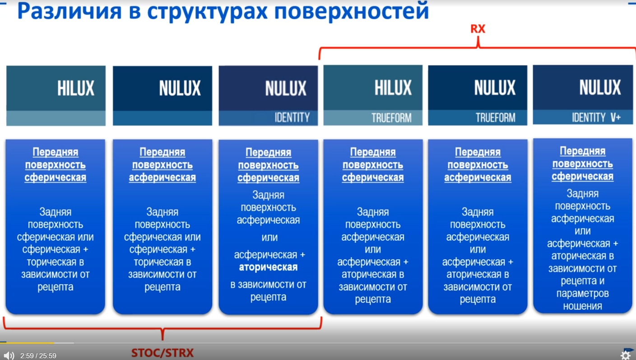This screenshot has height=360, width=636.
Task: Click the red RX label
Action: (478, 29)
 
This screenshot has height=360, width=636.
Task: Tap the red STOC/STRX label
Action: (162, 353)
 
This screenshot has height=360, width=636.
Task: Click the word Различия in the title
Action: (70, 11)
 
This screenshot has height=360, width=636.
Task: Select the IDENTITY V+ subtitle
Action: (596, 117)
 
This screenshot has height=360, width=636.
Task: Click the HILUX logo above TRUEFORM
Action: (393, 88)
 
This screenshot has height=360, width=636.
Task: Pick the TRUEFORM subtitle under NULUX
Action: (496, 117)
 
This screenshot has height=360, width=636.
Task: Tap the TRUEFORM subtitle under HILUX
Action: (391, 117)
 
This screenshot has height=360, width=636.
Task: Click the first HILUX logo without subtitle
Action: (76, 88)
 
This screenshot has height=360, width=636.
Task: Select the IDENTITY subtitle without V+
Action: (292, 117)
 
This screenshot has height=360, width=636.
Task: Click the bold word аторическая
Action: (268, 267)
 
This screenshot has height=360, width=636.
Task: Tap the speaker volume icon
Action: (9, 355)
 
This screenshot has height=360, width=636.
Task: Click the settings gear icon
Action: (626, 355)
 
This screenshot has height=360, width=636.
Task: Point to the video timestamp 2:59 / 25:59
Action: (38, 356)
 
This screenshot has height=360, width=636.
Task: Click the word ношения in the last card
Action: (583, 306)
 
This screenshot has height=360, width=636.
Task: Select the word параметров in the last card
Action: (583, 294)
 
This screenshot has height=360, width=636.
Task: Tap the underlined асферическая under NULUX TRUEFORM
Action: (478, 178)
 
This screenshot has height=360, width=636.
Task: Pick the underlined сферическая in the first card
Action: (56, 178)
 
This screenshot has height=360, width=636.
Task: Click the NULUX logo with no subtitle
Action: (180, 88)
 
